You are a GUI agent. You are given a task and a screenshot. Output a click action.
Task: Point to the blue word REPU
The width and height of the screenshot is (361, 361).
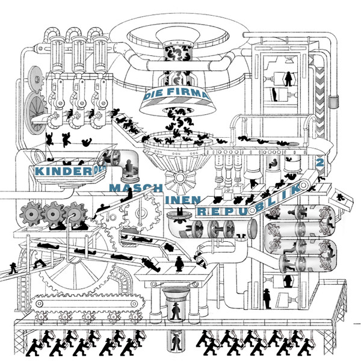[220, 211]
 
